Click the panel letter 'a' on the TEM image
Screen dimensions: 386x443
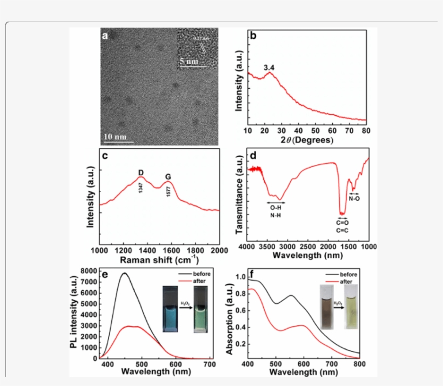pyautogui.click(x=105, y=36)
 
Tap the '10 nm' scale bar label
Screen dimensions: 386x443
pyautogui.click(x=116, y=136)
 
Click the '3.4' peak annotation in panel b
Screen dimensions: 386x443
pyautogui.click(x=269, y=68)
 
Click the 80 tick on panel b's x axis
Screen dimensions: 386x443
pyautogui.click(x=366, y=131)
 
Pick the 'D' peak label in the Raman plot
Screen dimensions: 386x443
pyautogui.click(x=141, y=173)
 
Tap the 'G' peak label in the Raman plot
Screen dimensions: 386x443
pyautogui.click(x=168, y=176)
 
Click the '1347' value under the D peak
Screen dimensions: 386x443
pyautogui.click(x=140, y=188)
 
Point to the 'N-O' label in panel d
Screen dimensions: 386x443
pyautogui.click(x=354, y=198)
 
